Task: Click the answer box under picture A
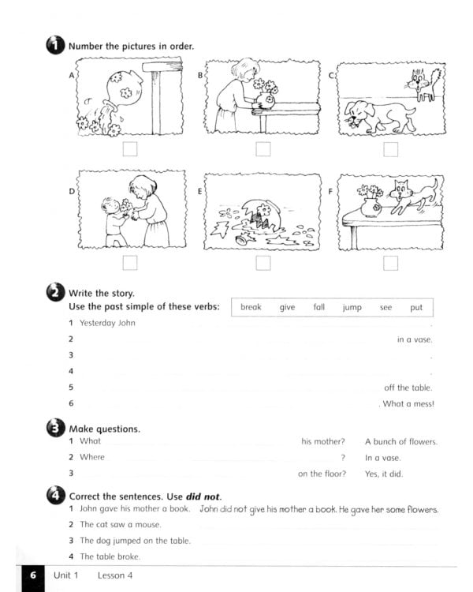(131, 149)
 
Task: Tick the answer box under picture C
(390, 149)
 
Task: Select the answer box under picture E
(263, 263)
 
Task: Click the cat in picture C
(426, 84)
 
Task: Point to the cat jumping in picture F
(414, 194)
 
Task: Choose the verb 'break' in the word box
(251, 307)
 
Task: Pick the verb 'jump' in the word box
(352, 307)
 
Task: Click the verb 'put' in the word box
(415, 307)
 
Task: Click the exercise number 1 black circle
(55, 46)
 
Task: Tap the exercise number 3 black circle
(55, 429)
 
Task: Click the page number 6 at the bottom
(32, 575)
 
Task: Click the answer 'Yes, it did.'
(384, 474)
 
